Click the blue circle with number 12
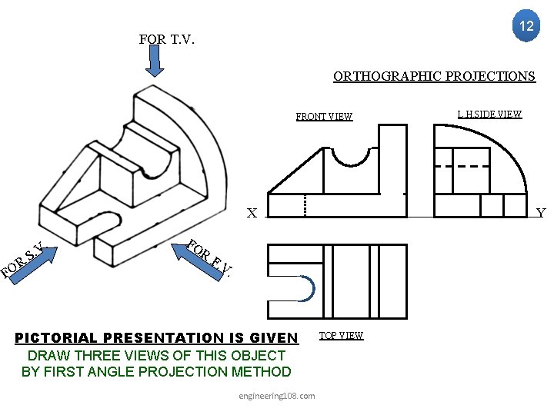(526, 26)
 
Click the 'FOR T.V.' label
(166, 39)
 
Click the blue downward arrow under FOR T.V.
(155, 62)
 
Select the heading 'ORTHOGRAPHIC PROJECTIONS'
(434, 76)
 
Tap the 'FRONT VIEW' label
(324, 117)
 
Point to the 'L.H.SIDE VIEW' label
(489, 115)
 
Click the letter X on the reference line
(252, 213)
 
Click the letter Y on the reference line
(540, 213)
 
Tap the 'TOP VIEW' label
(341, 336)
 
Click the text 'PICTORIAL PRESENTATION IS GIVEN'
(157, 337)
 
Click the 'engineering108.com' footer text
(277, 396)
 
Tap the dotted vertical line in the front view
(305, 205)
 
